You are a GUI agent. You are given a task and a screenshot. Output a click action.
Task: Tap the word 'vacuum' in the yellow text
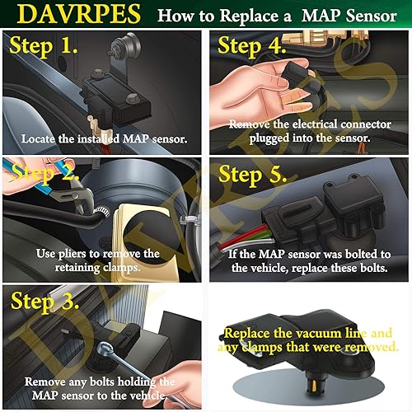coord(318,333)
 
